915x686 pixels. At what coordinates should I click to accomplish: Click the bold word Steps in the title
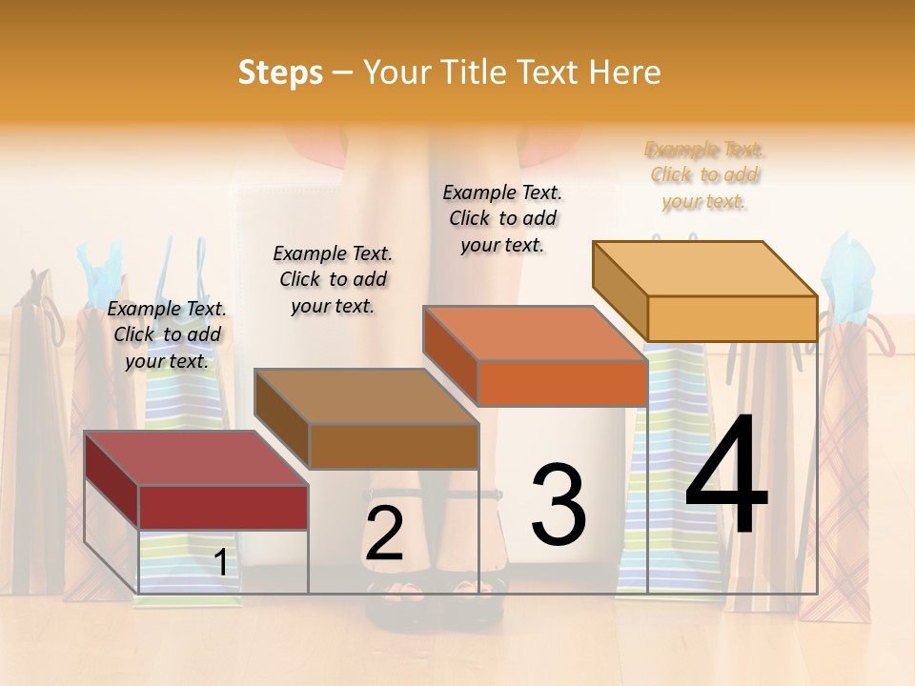(x=280, y=72)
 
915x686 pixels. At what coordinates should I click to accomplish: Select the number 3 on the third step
(x=559, y=504)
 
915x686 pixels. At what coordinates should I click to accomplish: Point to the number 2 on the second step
(x=384, y=535)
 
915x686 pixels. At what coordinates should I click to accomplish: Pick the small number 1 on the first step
(x=220, y=562)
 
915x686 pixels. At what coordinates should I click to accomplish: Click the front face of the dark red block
(x=223, y=507)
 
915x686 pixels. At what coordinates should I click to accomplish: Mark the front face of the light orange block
(x=732, y=318)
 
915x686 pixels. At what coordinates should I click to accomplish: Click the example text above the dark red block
(x=167, y=334)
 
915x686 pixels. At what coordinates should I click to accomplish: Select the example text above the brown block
(x=333, y=279)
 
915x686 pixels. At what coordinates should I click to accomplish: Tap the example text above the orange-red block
(x=502, y=218)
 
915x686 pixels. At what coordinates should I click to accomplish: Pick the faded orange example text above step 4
(x=704, y=175)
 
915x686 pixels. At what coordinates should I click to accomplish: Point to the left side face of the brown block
(x=282, y=419)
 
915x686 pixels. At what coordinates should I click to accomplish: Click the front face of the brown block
(x=394, y=446)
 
